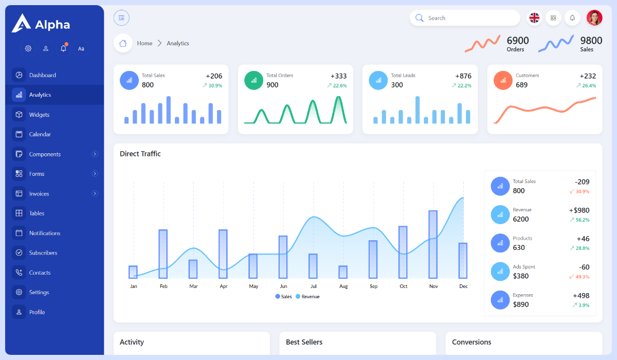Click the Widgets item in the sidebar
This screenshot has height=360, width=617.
point(39,115)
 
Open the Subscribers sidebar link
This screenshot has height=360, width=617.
point(43,253)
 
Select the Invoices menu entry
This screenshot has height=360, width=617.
point(39,194)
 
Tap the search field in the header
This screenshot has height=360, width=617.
point(468,18)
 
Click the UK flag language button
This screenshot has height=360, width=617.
point(535,18)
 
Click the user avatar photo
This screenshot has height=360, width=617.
point(594,18)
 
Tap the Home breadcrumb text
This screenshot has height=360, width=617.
point(144,44)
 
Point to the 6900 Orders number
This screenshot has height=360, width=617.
point(517,41)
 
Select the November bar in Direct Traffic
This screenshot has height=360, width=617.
point(433,244)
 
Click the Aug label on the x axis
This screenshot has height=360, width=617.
point(343,286)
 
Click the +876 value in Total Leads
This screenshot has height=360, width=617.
point(463,76)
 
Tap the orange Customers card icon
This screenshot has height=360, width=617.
point(503,80)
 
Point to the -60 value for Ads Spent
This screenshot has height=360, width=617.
point(584,267)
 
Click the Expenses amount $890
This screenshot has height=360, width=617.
point(520,304)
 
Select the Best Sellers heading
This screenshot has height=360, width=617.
point(304,342)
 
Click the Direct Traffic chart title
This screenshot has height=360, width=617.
point(140,154)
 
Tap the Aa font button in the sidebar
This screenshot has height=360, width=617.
point(81,49)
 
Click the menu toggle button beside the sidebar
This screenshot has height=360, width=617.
point(121,18)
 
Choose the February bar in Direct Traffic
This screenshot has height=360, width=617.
point(163,254)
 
